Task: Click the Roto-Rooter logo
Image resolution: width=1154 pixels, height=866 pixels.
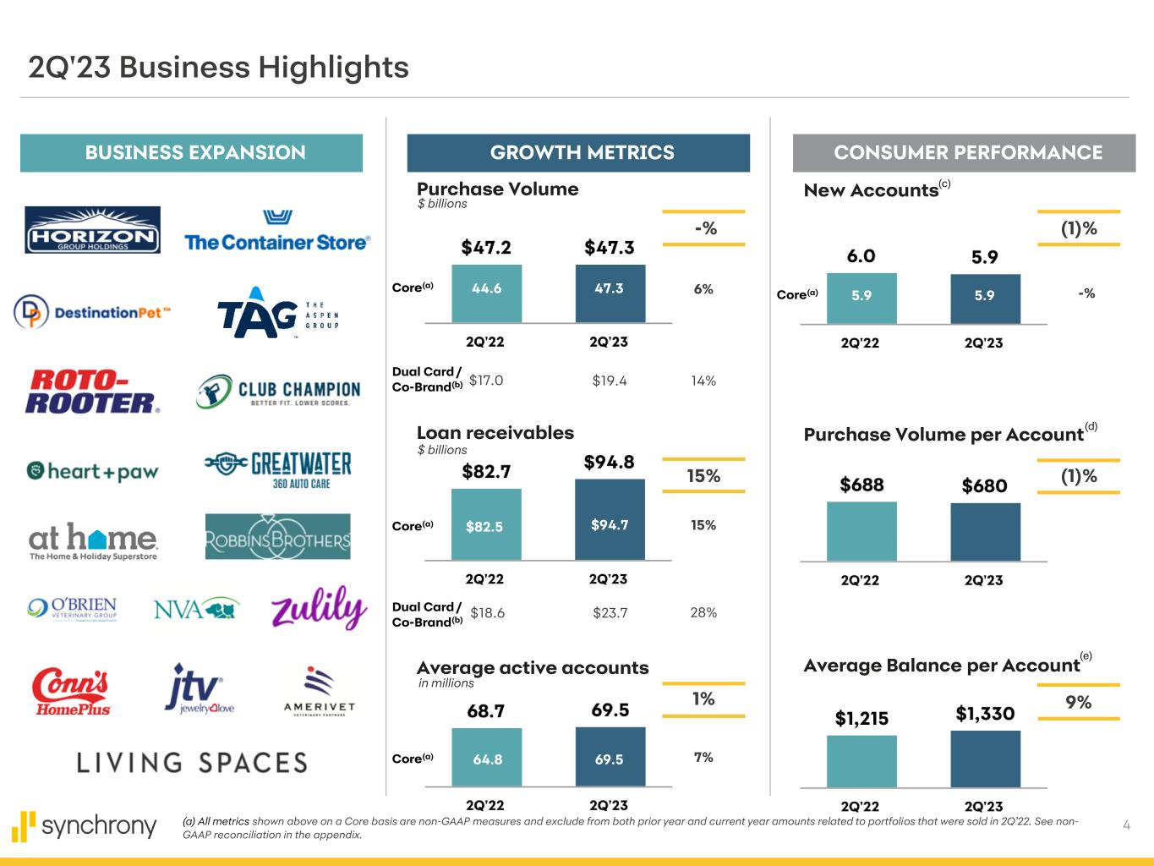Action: (x=92, y=391)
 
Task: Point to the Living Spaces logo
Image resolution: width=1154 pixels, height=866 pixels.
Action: (x=192, y=763)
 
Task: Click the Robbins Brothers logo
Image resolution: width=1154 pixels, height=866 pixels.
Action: (x=277, y=537)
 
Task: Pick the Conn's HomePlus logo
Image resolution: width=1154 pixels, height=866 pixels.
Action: (x=71, y=692)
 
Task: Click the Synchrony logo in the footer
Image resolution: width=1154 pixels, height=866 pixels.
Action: (x=85, y=826)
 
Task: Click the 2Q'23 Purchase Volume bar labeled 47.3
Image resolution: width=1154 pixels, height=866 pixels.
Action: (x=610, y=293)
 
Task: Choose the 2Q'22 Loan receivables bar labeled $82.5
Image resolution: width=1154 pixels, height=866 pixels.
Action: (x=486, y=524)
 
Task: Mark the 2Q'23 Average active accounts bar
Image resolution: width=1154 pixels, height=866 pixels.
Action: (x=610, y=757)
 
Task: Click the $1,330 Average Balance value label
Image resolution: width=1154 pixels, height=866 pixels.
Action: (x=985, y=714)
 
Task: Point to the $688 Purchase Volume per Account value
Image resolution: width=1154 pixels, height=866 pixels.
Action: (x=861, y=485)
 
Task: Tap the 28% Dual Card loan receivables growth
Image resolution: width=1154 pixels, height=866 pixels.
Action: (x=703, y=612)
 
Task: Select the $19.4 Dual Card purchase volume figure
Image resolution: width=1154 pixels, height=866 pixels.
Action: (x=610, y=381)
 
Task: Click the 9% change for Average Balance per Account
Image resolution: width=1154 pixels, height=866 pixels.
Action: (x=1079, y=702)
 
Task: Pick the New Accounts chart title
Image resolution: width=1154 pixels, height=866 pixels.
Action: (x=871, y=190)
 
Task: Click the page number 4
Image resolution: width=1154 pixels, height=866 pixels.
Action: (x=1126, y=825)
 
